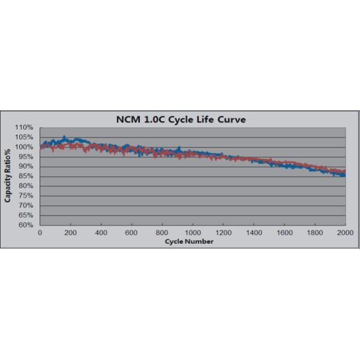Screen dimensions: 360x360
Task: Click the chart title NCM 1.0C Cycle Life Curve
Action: point(181,119)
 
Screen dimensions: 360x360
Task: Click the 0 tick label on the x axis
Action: point(40,232)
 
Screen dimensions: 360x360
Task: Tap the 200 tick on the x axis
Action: point(70,232)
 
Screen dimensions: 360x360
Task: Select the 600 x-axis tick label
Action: point(131,232)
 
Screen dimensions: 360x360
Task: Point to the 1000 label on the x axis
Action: point(193,232)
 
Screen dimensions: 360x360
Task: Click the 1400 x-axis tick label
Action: point(254,232)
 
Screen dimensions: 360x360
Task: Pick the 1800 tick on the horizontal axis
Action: point(315,232)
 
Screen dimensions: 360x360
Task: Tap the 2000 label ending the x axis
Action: point(344,232)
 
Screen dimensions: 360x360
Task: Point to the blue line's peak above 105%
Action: point(64,137)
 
